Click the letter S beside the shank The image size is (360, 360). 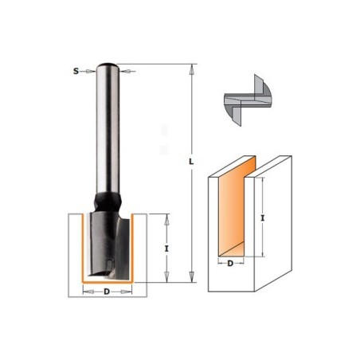(76, 71)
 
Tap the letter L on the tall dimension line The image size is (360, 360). (191, 162)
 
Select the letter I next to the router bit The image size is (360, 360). (166, 248)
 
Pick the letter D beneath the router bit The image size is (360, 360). (107, 292)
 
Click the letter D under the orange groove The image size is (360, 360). (230, 264)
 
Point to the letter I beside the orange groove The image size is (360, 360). (263, 218)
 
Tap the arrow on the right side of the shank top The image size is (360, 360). (127, 71)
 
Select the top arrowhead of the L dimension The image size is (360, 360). (191, 69)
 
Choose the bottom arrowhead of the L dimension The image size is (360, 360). (191, 277)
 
